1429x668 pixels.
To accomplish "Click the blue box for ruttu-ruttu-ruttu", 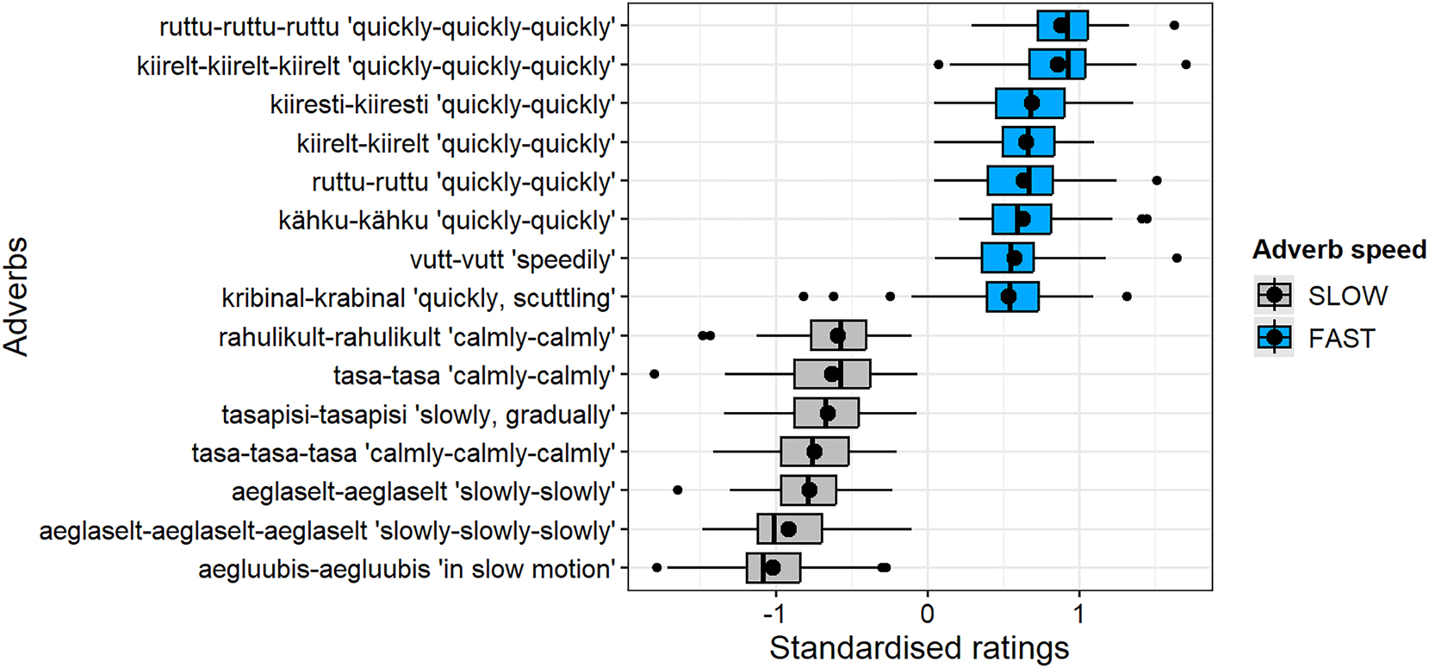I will (1062, 26).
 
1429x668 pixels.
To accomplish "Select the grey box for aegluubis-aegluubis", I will (774, 568).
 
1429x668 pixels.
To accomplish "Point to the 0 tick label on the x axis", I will (928, 614).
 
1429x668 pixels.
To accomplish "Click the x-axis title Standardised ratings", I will (919, 648).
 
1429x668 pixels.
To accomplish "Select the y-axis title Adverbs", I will (17, 297).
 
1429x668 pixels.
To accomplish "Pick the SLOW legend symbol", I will (1275, 296).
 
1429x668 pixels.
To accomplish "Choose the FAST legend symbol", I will (1275, 338).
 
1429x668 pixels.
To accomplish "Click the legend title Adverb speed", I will (1339, 250).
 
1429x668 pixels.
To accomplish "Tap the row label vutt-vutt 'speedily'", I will (513, 259).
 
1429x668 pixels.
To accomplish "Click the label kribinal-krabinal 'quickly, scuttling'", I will (419, 298).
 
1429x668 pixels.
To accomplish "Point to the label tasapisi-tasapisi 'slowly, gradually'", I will (419, 415).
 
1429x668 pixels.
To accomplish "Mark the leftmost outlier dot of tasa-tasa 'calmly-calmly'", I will (654, 374).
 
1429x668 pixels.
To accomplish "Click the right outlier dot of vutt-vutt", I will (1177, 258).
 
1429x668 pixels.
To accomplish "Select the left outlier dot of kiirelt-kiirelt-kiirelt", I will (938, 65).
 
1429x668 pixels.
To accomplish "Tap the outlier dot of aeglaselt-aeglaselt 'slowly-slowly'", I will (677, 490).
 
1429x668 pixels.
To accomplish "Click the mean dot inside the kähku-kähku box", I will (1022, 219).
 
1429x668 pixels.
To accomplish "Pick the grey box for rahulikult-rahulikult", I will (838, 335).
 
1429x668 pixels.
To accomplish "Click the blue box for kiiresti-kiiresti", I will (1029, 103).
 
